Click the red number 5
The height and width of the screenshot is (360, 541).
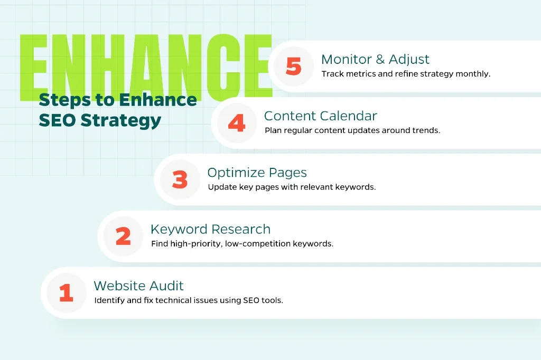294,66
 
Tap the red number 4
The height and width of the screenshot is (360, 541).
237,123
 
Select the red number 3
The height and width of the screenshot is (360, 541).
180,179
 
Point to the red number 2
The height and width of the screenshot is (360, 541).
123,236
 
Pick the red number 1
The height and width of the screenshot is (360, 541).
66,293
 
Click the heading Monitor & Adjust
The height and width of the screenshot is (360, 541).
376,59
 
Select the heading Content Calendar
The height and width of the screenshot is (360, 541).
321,116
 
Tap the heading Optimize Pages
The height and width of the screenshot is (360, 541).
257,173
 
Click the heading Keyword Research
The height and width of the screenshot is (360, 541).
210,229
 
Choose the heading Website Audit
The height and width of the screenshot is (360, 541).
139,286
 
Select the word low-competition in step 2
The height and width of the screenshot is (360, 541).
258,244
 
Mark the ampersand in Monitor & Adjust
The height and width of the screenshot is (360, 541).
380,59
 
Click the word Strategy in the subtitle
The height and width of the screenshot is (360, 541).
121,121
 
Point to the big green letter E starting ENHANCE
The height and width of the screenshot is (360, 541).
33,68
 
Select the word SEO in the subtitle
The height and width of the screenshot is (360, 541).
57,120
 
